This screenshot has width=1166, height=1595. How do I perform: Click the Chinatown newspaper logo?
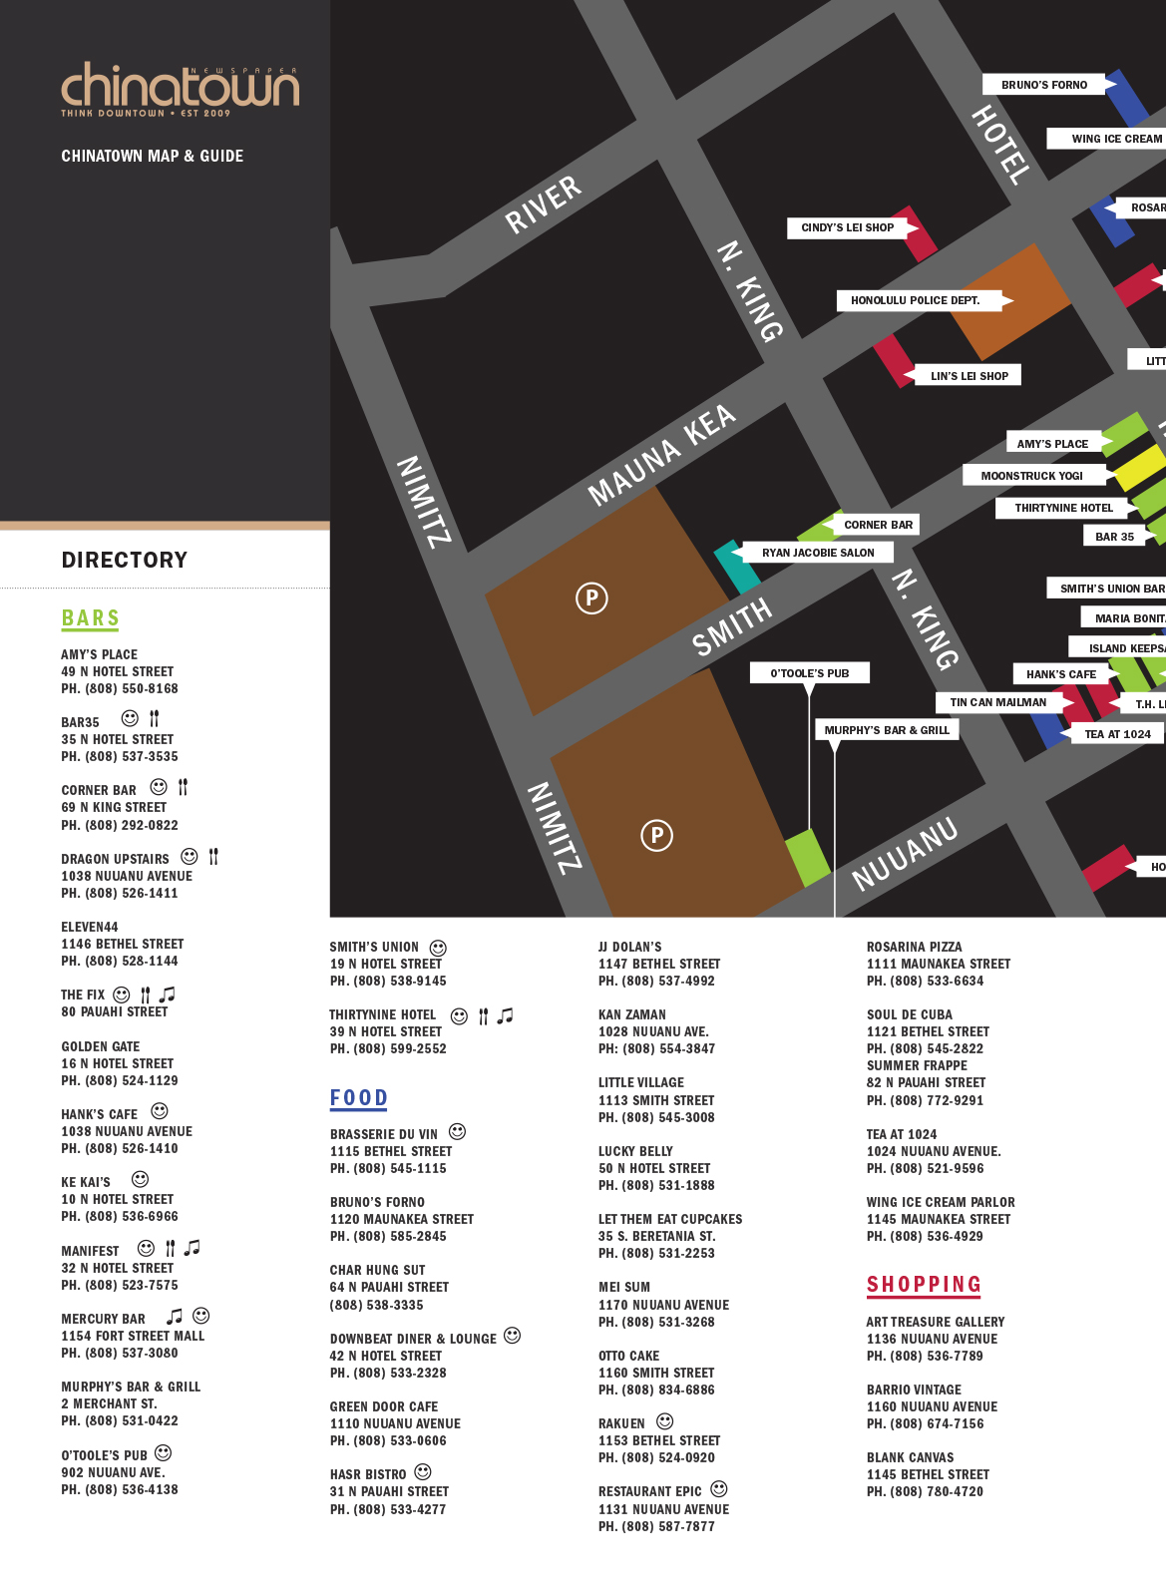[180, 90]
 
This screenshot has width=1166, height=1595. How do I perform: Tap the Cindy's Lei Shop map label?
[848, 227]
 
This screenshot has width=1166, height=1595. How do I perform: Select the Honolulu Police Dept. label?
[916, 300]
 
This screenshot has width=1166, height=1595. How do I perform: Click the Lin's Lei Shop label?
[969, 376]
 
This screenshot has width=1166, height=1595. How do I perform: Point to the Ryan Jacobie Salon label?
[818, 553]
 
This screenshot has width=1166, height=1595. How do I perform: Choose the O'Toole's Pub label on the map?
[809, 673]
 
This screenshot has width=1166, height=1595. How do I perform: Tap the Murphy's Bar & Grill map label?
[887, 730]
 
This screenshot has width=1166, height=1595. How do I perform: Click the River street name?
[543, 204]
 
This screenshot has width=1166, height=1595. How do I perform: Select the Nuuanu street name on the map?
[905, 854]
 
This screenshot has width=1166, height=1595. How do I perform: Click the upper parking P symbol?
[591, 598]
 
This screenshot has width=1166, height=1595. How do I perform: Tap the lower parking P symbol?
[656, 835]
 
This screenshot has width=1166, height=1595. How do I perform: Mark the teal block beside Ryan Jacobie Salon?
[736, 566]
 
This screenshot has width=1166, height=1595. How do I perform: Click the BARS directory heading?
[91, 618]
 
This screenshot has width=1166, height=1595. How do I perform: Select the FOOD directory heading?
[359, 1098]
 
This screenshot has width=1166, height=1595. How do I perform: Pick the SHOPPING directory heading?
[924, 1285]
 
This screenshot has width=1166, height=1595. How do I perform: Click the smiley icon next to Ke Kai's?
[141, 1179]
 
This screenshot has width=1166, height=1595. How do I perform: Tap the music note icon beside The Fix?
[168, 994]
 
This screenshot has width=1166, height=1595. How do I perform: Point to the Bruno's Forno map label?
[1044, 85]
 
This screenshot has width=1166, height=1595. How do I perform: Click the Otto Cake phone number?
[656, 1390]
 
